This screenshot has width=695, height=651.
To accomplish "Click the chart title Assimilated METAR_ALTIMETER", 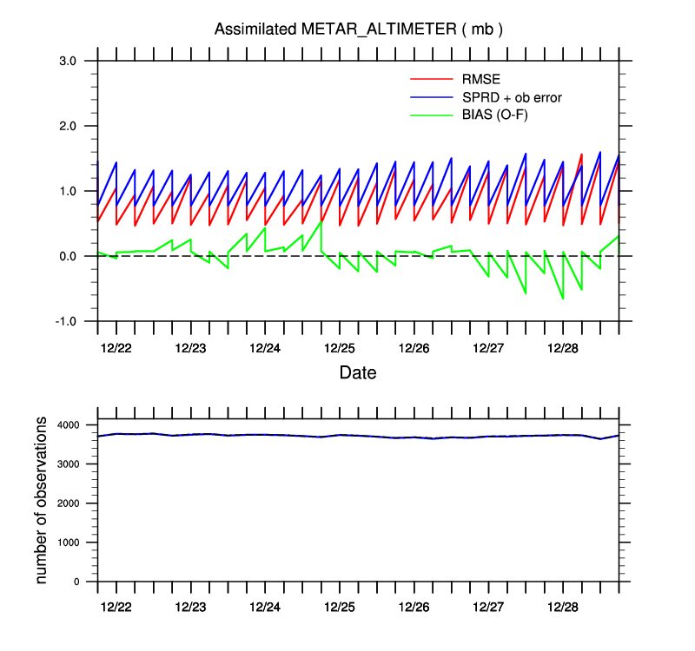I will click(359, 30).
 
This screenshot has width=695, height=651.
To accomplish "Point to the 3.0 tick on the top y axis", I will click(69, 61).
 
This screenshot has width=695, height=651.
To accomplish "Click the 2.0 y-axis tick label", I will click(69, 126).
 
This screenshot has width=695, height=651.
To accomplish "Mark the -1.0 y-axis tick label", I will click(67, 321).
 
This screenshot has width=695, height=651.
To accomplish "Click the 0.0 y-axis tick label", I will click(69, 256).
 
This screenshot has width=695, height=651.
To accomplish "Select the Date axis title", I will click(358, 373).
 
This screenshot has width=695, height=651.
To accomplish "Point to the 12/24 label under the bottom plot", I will click(265, 604).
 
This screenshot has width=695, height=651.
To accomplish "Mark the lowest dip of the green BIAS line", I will click(563, 299).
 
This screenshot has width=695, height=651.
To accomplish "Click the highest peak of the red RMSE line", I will click(581, 155).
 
